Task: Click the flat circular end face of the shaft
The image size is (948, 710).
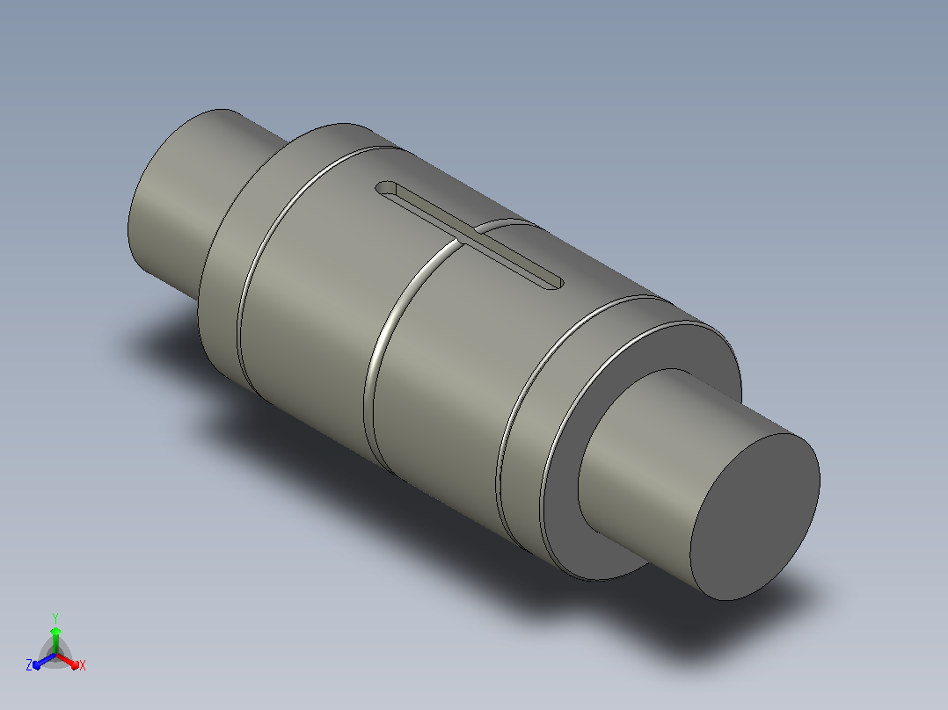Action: tap(755, 518)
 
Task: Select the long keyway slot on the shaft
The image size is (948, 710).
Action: tap(470, 235)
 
